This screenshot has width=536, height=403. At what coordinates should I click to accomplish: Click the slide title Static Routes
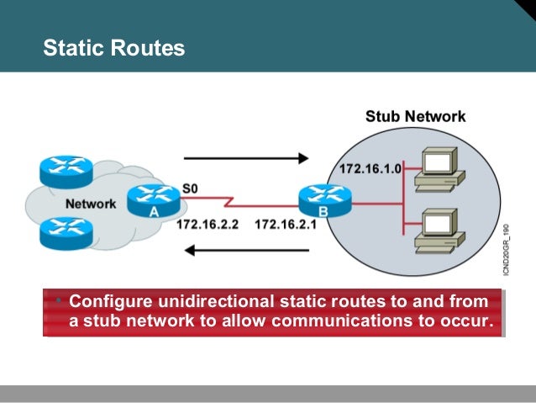click(x=113, y=48)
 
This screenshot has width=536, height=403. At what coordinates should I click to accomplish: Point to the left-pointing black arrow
click(x=247, y=249)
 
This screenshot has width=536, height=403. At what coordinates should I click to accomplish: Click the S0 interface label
click(x=192, y=188)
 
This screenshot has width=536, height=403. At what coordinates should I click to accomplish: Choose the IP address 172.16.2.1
click(x=286, y=225)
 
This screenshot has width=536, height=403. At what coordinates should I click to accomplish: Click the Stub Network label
click(x=415, y=117)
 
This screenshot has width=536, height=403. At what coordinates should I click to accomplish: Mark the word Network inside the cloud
click(x=91, y=204)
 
